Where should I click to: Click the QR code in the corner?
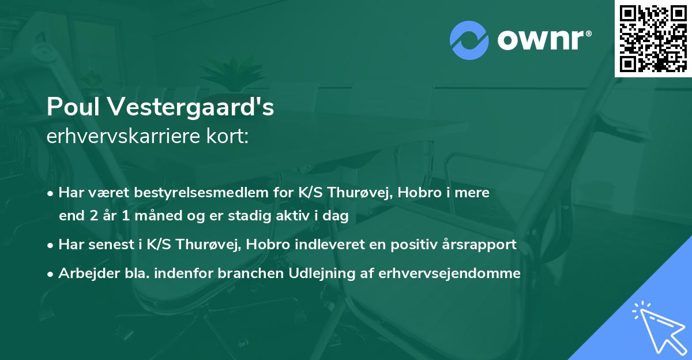653,39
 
